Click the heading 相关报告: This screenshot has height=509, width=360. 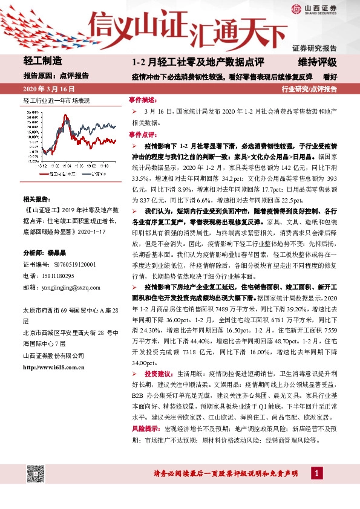click(38, 198)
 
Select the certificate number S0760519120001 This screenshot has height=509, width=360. click(74, 264)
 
